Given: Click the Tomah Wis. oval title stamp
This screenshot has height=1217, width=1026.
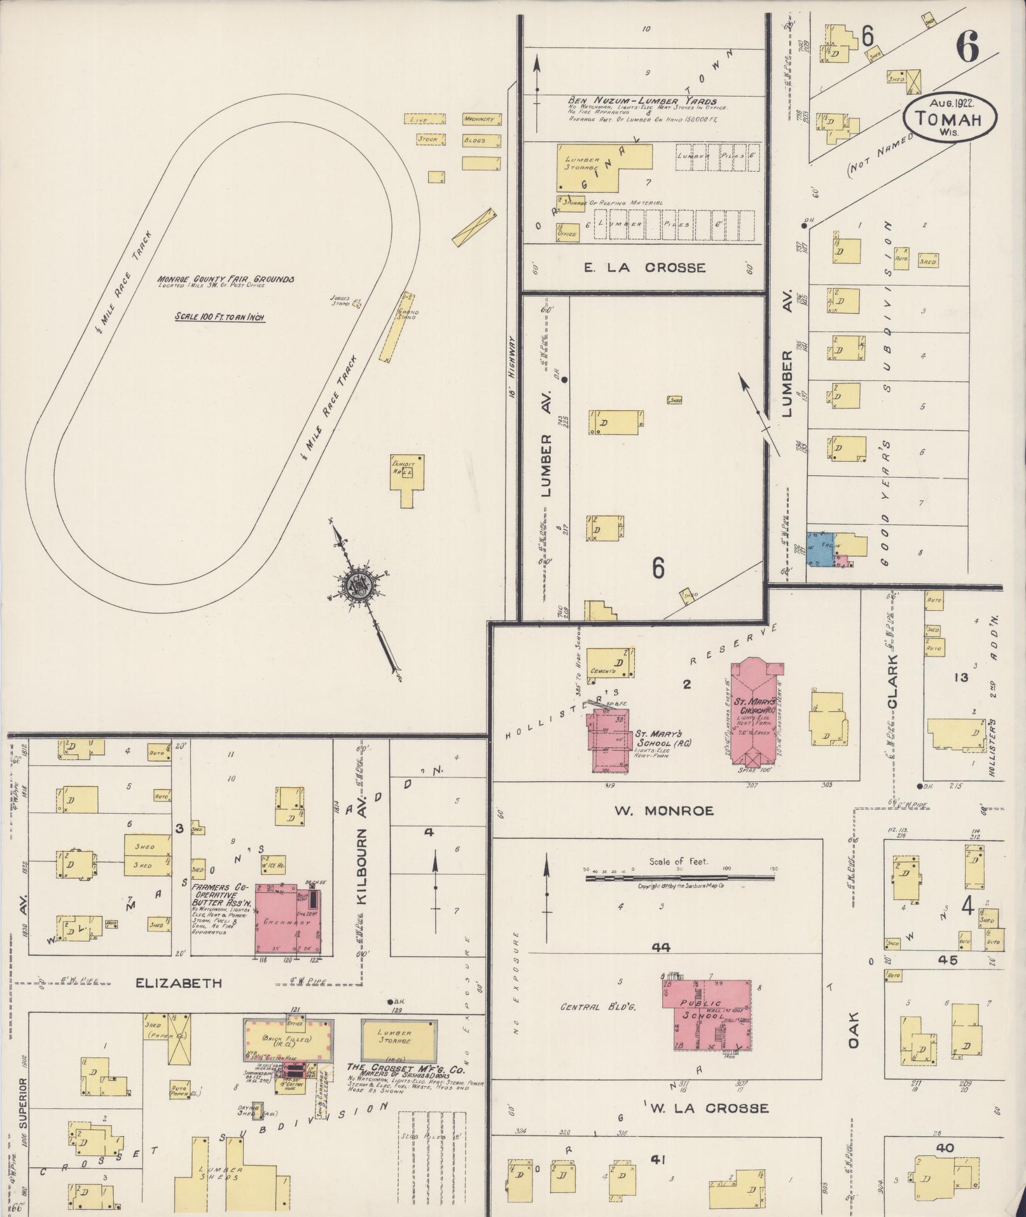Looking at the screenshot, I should (x=951, y=118).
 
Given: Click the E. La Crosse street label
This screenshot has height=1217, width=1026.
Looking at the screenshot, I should (x=644, y=267).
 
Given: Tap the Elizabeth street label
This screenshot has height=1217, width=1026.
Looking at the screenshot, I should (x=179, y=983).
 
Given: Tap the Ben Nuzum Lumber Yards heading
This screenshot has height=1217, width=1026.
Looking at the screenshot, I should (x=642, y=102).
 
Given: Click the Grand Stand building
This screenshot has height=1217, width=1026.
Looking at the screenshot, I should (x=396, y=326).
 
